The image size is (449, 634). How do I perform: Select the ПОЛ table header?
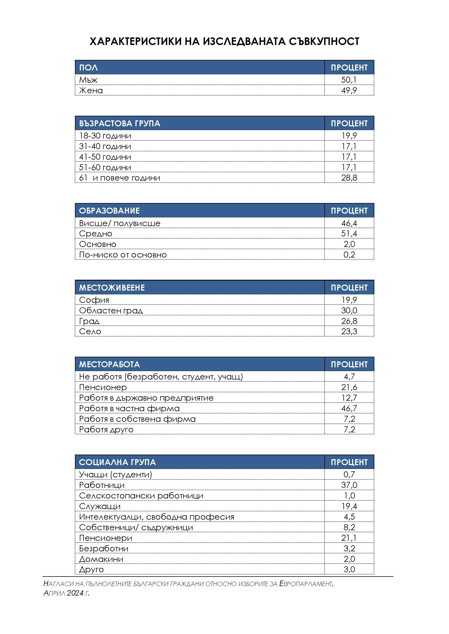click(x=88, y=68)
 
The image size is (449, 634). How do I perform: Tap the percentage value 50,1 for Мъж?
click(x=349, y=80)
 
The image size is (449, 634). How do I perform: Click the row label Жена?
click(x=91, y=90)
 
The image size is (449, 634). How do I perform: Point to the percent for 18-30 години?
click(x=349, y=136)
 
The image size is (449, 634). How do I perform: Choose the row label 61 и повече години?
click(x=119, y=178)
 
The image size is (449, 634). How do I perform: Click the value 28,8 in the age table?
click(x=349, y=178)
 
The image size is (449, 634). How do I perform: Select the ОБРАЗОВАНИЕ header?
click(x=109, y=211)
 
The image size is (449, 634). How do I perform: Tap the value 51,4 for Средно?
click(x=349, y=234)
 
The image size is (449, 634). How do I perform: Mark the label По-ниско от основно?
click(x=123, y=255)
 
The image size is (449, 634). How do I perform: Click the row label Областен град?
click(x=111, y=310)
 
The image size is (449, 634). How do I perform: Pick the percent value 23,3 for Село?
click(x=349, y=331)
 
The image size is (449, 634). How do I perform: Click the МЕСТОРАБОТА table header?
click(x=109, y=364)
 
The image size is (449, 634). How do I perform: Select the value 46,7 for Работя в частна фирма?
click(x=349, y=408)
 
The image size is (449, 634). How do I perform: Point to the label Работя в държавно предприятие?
click(x=146, y=398)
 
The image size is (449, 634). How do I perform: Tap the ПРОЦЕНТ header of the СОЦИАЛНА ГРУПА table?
click(x=349, y=462)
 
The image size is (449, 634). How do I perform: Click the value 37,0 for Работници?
click(x=349, y=485)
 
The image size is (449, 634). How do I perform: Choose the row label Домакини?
click(x=101, y=559)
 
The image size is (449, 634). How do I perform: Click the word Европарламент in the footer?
click(x=306, y=584)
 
